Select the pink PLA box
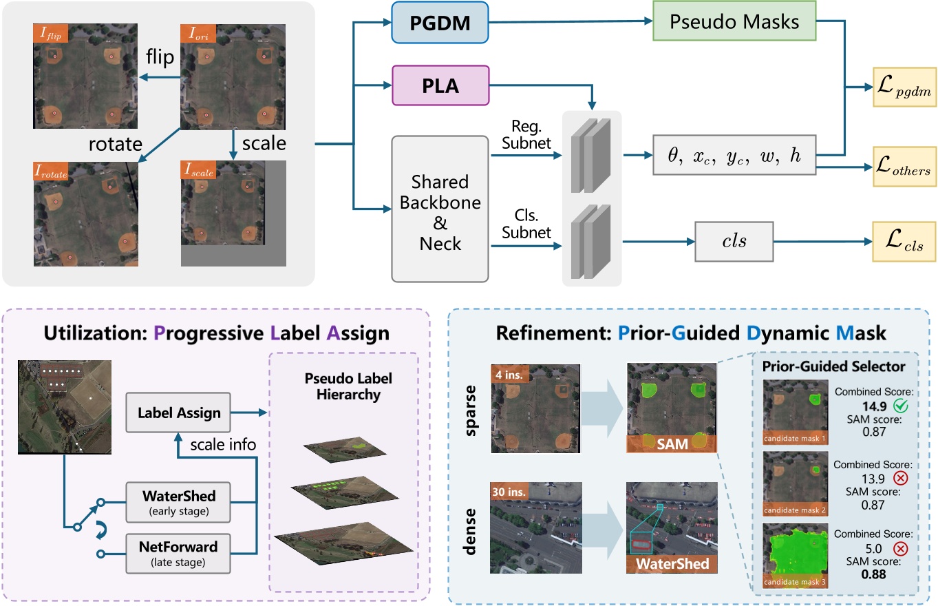coord(440,85)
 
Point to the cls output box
coord(734,241)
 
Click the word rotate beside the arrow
coord(114,145)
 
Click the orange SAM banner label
coord(671,444)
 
